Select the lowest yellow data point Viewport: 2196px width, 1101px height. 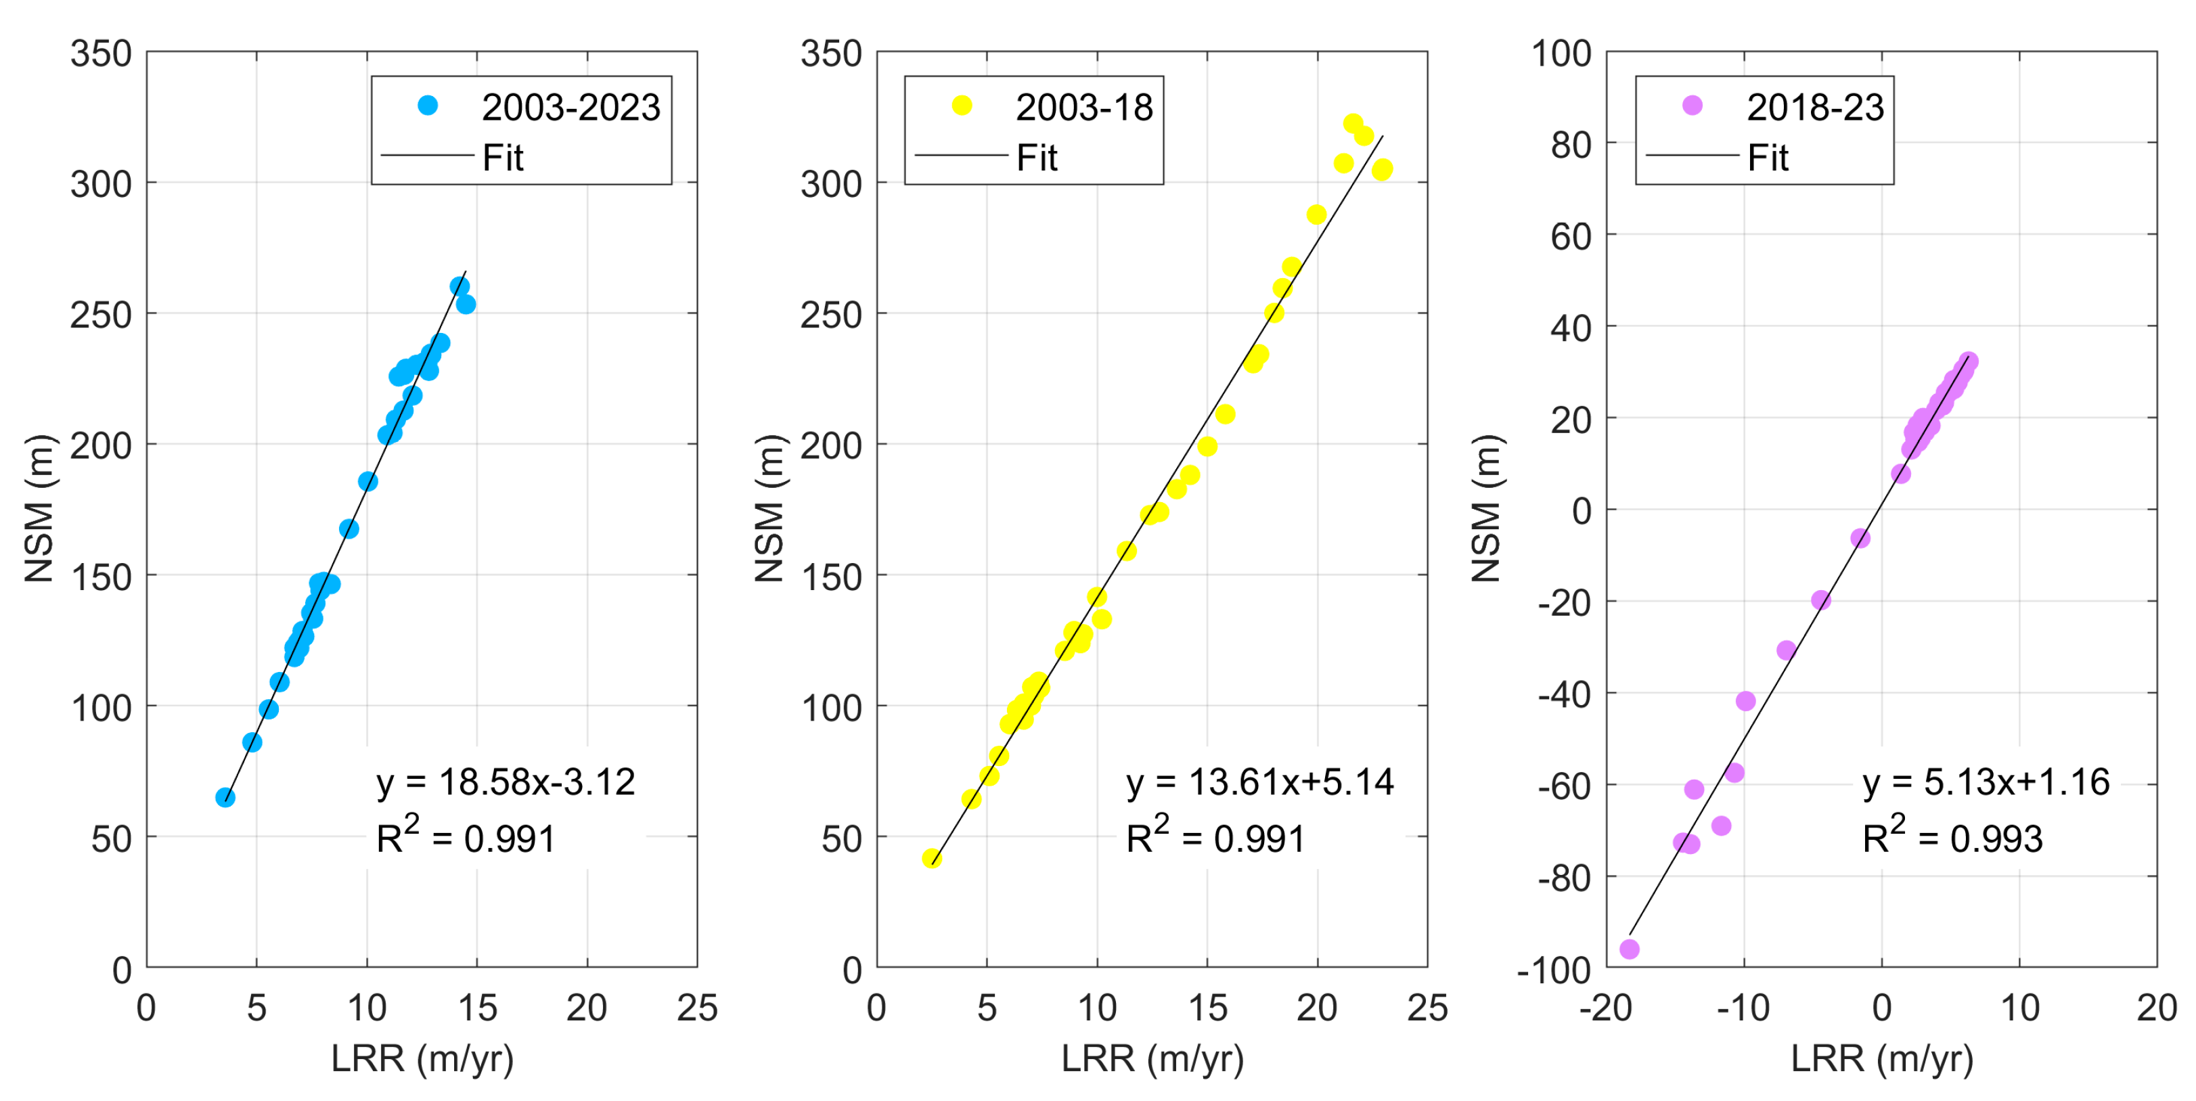[x=932, y=858]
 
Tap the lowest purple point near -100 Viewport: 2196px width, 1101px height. [x=1629, y=949]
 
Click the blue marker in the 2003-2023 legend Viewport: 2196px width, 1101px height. [x=428, y=106]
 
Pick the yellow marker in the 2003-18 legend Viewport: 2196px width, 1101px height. [x=962, y=106]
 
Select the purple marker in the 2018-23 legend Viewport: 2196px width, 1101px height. [x=1693, y=106]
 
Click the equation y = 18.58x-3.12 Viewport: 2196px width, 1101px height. [x=506, y=782]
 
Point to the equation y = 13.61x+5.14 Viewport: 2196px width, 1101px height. [x=1259, y=782]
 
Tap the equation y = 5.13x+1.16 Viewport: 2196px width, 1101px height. [x=1986, y=782]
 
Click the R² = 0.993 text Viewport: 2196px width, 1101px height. [x=1952, y=837]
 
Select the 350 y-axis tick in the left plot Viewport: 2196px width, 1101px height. [x=101, y=53]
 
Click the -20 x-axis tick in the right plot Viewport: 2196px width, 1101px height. [x=1606, y=1008]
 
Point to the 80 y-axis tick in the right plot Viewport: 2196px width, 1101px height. [x=1570, y=145]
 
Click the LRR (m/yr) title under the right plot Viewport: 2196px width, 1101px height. [x=1881, y=1058]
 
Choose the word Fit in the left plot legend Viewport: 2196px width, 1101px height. [x=503, y=158]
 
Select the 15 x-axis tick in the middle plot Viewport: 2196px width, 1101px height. [x=1207, y=1008]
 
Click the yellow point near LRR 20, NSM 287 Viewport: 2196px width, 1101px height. [x=1316, y=215]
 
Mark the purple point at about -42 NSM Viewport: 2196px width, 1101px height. [x=1745, y=700]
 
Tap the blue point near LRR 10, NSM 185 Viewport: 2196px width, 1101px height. [x=367, y=481]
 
